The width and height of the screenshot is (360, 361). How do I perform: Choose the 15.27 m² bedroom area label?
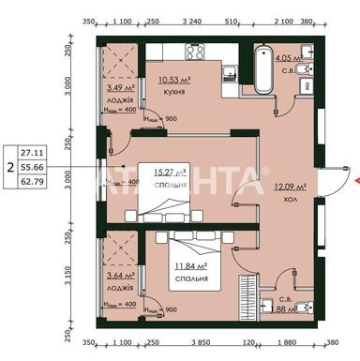point(169,173)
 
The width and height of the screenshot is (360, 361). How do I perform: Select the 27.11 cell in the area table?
point(31,148)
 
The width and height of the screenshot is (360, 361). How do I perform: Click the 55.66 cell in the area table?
point(31,166)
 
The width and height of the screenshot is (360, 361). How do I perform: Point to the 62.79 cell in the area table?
point(31,184)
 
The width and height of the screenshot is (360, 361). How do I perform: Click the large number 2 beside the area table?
point(9,166)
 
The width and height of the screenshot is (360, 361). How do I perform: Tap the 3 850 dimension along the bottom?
point(190,343)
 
